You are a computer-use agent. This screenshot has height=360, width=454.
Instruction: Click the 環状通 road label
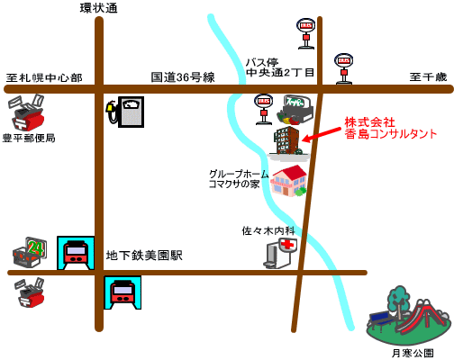98,8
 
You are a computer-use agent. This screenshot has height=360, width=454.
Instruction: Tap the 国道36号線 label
183,77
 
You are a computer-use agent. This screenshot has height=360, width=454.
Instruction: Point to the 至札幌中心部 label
44,78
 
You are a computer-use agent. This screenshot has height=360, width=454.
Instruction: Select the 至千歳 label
428,76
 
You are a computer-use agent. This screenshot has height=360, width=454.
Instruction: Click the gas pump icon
125,112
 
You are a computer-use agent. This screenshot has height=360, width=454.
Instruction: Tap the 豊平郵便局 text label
29,138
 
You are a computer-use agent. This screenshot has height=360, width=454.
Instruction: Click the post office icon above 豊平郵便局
26,112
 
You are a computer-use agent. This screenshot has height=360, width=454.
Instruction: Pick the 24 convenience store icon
30,253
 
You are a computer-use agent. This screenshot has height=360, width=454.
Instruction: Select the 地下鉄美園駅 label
144,256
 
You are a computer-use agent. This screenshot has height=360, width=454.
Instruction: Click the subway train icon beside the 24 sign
76,253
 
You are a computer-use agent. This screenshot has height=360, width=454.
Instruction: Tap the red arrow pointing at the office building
322,134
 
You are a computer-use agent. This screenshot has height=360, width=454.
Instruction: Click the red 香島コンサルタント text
390,134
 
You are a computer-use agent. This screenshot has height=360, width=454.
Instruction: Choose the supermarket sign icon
295,110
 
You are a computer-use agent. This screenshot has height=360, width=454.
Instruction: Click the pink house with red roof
288,181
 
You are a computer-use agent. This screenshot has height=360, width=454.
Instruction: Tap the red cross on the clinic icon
288,245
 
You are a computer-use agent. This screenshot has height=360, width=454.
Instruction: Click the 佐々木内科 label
268,230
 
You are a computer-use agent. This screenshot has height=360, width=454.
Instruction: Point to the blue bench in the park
380,320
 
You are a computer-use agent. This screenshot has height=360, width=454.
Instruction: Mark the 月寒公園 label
413,353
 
